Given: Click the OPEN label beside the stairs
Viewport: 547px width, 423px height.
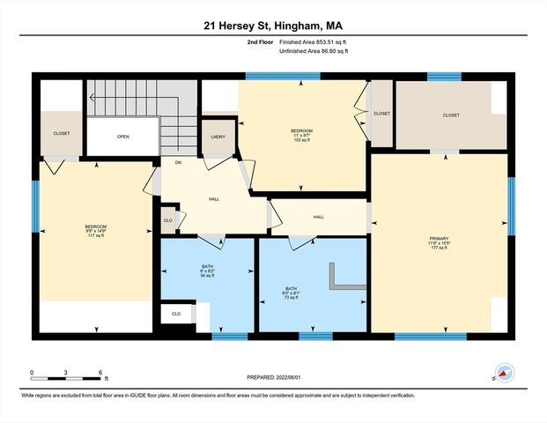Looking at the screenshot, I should tap(122, 137).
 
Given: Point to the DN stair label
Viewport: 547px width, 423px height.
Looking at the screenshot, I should tap(177, 162).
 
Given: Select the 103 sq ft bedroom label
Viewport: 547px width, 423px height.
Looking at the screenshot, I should tap(301, 136).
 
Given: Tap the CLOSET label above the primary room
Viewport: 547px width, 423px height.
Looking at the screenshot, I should tap(451, 115).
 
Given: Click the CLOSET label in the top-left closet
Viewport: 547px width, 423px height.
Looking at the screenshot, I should tap(61, 133).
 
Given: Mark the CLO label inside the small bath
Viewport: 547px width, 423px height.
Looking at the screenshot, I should tap(176, 313).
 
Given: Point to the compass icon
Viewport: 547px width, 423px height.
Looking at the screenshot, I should tap(505, 372).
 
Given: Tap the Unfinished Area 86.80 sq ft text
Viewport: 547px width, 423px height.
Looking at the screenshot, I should tap(314, 51).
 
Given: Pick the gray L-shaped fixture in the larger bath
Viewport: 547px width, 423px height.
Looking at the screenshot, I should tap(340, 279).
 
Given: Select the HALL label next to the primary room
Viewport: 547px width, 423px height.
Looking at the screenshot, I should tap(318, 217).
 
